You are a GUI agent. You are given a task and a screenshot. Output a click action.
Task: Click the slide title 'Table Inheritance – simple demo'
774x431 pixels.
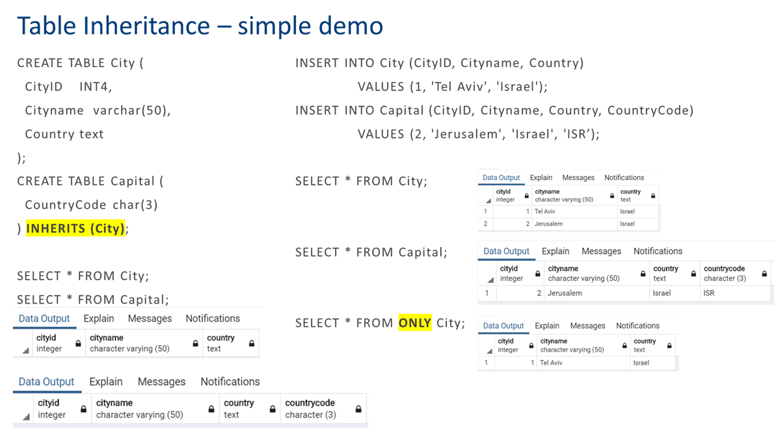[x=200, y=26]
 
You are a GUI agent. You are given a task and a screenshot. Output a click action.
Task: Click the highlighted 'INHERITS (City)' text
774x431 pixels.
[x=75, y=228]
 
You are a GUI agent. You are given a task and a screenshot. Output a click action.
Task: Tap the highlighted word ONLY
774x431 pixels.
[x=415, y=323]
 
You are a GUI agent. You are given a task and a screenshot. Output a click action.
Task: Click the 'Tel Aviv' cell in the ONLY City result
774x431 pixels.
[x=551, y=363]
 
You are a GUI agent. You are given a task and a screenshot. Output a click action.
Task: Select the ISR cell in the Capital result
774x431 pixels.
[x=709, y=293]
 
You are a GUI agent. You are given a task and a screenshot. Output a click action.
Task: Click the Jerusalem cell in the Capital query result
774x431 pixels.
[x=565, y=293]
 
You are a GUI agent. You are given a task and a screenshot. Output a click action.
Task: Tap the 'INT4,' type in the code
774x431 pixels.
[x=96, y=86]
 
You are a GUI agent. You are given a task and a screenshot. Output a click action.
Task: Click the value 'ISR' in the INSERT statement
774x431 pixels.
[x=576, y=134]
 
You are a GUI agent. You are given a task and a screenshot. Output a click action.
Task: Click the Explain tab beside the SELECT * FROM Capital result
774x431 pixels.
[x=555, y=251]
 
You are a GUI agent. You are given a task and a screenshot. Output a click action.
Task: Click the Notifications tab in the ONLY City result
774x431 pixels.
[x=637, y=326]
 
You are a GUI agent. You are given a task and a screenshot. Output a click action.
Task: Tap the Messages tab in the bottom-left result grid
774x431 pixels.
[x=161, y=382]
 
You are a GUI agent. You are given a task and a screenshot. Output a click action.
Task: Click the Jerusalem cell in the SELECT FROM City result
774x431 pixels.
[x=548, y=224]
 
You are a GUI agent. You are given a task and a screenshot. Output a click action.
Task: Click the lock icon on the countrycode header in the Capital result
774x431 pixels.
[x=764, y=274]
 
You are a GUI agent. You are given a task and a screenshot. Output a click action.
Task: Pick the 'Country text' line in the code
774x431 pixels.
[x=64, y=134]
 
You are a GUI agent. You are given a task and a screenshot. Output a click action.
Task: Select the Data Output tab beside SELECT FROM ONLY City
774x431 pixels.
[x=503, y=326]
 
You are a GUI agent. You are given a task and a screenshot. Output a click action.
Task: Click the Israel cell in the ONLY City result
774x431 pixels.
[x=641, y=363]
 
